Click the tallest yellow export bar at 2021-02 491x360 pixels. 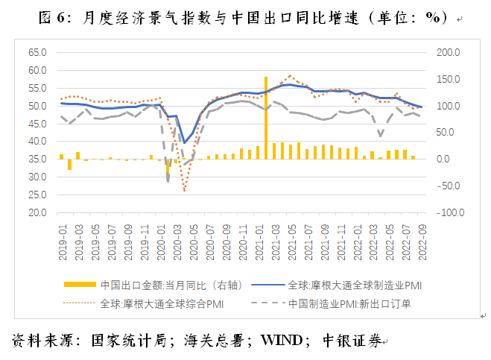pos(266,118)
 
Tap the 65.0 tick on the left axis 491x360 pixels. pos(37,52)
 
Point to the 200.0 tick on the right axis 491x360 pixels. pos(449,52)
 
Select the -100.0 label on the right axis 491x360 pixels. pos(451,212)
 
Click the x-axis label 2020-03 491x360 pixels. pos(177,242)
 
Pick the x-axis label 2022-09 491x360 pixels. pos(422,242)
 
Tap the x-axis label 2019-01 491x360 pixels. pos(63,242)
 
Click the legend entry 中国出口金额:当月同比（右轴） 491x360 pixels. pos(153,285)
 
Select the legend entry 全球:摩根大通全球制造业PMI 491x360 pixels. pos(337,285)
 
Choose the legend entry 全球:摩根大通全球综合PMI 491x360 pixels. pos(143,303)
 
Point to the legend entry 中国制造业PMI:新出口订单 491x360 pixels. pos(331,303)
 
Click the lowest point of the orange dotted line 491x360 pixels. pos(185,191)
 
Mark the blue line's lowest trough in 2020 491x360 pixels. pos(185,143)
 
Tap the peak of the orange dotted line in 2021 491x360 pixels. pos(291,75)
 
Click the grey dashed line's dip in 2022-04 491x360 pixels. pos(381,136)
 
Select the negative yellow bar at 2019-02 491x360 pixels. pos(69,165)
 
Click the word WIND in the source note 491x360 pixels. pos(282,341)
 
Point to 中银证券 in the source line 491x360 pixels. pos(352,341)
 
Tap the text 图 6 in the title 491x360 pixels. pos(51,18)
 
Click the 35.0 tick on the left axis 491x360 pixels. pos(37,160)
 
